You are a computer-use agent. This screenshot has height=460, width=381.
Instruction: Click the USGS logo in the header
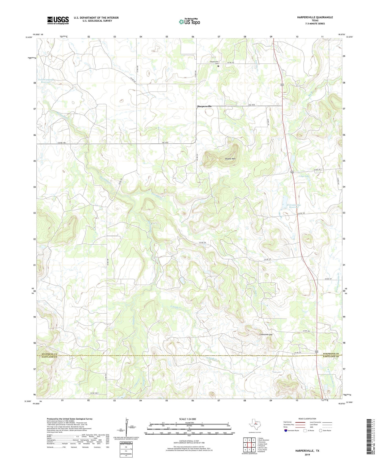pyautogui.click(x=58, y=20)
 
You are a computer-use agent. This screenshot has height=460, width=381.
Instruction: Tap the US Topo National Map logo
pyautogui.click(x=189, y=22)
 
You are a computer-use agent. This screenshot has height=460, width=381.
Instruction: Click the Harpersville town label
pyautogui.click(x=204, y=106)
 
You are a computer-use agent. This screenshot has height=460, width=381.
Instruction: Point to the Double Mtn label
pyautogui.click(x=230, y=159)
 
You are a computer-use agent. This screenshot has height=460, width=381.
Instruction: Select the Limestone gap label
pyautogui.click(x=266, y=334)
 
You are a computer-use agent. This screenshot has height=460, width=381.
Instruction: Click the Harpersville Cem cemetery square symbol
pyautogui.click(x=218, y=66)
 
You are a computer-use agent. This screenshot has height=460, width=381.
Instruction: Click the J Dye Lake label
pyautogui.click(x=304, y=176)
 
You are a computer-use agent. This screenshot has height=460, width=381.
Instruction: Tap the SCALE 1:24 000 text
pyautogui.click(x=188, y=419)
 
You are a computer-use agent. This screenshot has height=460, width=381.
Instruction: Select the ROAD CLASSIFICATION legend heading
pyautogui.click(x=307, y=419)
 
